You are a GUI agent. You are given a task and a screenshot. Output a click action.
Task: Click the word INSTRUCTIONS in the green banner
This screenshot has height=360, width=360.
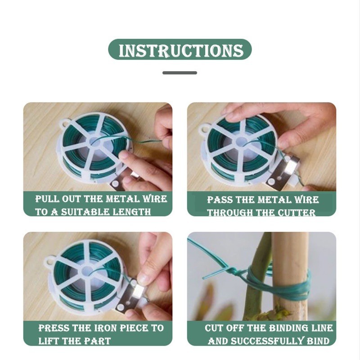[x=181, y=50]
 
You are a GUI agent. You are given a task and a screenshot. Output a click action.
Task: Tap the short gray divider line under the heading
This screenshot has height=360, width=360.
[x=180, y=73]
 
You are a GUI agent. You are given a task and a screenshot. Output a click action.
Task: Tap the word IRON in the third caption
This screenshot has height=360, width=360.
[x=106, y=328]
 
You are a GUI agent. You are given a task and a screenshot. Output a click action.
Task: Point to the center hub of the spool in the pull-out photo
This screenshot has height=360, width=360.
[x=95, y=143]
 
